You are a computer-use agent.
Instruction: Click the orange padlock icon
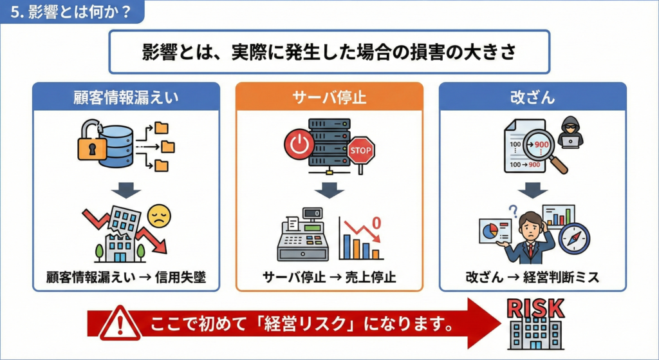point(92,146)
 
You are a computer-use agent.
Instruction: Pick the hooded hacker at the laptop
point(570,133)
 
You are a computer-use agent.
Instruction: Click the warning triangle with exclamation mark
point(118,323)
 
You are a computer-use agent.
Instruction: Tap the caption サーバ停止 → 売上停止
point(329,278)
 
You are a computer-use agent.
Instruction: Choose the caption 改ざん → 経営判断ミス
point(532,278)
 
